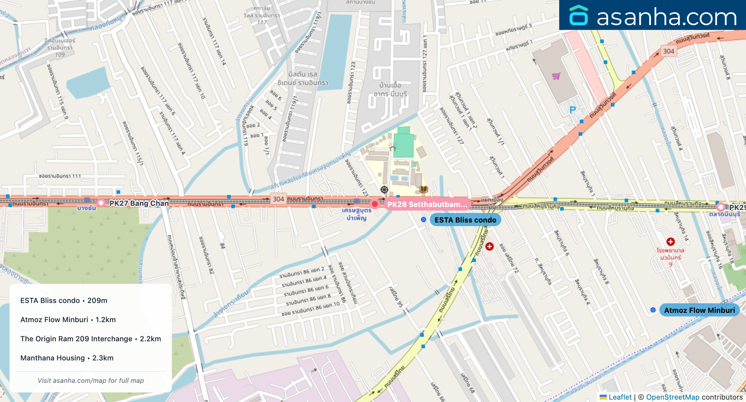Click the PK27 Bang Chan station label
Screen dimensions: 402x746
coord(139,203)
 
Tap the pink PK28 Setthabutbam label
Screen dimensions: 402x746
coord(427,205)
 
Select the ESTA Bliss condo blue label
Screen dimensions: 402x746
coord(465,220)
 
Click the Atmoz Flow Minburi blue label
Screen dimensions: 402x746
coord(699,310)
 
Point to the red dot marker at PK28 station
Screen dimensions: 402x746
coord(374,204)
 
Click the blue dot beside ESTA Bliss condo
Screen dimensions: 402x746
coord(423,220)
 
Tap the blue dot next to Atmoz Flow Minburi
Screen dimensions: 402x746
coord(653,310)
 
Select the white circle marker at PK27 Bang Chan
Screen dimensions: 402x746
coord(101,203)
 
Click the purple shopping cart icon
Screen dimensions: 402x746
coord(556,76)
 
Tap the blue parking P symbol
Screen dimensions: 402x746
coord(572,110)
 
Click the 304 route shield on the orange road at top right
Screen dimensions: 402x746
coord(668,51)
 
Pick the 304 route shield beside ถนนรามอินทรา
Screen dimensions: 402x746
coord(278,199)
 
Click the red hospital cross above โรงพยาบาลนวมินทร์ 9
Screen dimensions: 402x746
coord(670,242)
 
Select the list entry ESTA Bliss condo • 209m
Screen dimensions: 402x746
coord(64,301)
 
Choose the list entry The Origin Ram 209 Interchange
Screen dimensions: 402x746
coord(91,339)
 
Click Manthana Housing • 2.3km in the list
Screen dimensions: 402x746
coord(67,358)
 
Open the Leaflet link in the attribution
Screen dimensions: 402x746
coord(620,397)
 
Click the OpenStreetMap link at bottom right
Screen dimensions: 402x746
coord(672,397)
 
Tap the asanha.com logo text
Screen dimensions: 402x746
coord(666,17)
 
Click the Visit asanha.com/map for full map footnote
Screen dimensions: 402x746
coord(91,380)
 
